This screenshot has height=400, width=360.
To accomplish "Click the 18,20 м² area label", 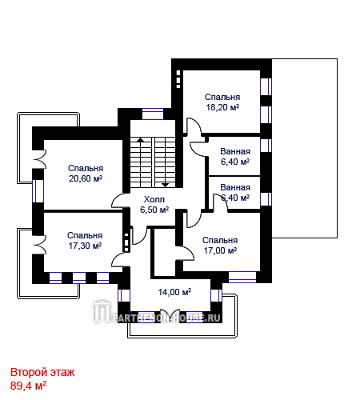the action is [222, 107].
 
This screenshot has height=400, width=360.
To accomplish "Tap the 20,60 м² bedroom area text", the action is [86, 178].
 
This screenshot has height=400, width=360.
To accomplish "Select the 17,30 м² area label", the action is [85, 246].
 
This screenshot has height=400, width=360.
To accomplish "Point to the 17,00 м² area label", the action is [220, 250].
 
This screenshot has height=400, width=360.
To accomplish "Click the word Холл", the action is [154, 199].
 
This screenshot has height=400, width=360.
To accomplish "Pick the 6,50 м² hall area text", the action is [154, 210].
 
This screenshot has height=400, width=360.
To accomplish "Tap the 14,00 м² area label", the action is [174, 292].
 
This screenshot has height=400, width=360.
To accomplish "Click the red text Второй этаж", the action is [42, 372].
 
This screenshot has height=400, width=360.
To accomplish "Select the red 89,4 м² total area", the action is [28, 386].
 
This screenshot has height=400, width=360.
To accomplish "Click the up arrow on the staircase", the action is [140, 139].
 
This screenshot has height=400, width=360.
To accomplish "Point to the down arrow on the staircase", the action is [166, 185].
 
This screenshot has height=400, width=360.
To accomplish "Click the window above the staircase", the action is [153, 114].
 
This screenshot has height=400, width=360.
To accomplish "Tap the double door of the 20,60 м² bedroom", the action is [40, 159].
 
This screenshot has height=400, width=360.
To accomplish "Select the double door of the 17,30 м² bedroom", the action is [40, 245].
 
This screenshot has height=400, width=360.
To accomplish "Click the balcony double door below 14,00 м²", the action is [170, 313].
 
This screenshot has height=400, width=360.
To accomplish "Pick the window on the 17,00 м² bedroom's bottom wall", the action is [242, 277].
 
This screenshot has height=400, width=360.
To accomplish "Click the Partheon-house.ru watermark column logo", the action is [102, 311].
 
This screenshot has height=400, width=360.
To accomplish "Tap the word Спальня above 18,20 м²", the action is [222, 97].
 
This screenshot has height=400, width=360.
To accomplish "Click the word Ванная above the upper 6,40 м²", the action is [235, 151].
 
